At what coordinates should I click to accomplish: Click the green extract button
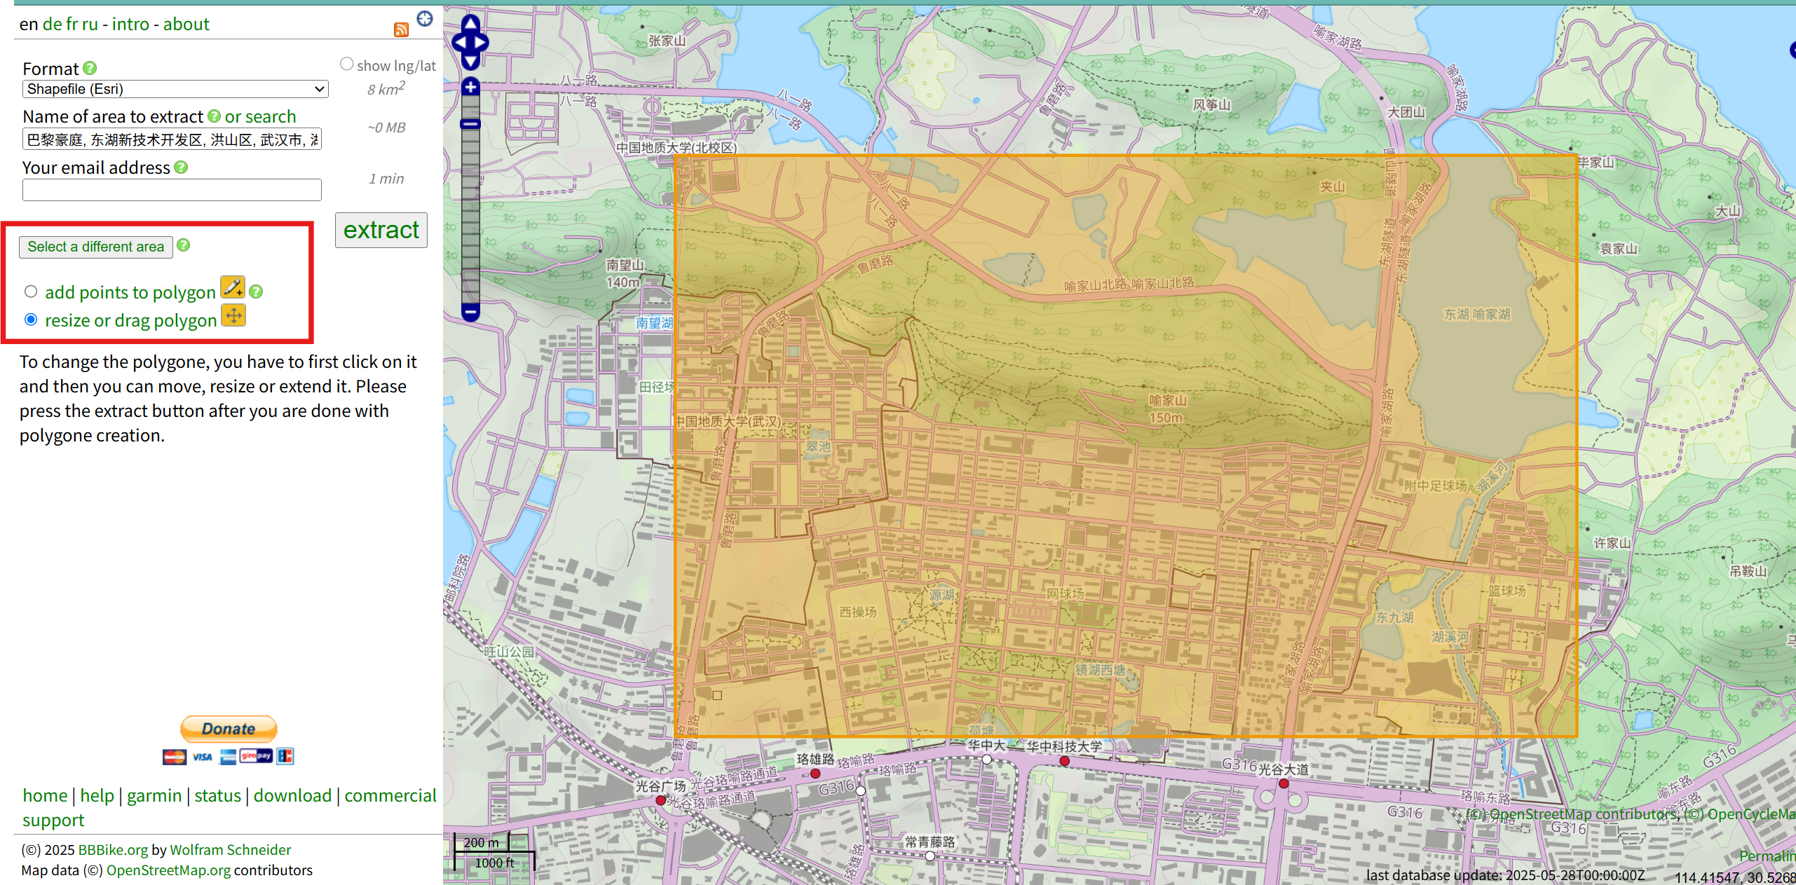coord(381,231)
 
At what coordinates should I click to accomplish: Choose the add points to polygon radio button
coord(31,291)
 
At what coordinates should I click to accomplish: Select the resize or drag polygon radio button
coord(31,320)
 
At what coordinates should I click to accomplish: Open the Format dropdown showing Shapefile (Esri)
coord(175,89)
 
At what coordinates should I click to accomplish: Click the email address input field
coord(172,189)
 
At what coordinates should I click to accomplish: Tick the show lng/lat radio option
coord(346,64)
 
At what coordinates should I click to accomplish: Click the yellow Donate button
coord(229,729)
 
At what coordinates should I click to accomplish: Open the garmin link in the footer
coord(154,795)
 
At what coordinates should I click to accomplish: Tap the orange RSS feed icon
coord(401,29)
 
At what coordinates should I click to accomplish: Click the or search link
coord(260,116)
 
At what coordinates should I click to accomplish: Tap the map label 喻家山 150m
coord(1167,409)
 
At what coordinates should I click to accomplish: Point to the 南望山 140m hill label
coord(625,273)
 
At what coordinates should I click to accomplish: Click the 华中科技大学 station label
coord(1064,747)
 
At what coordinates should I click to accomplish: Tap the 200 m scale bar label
coord(481,842)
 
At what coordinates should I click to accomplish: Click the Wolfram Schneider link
coord(230,849)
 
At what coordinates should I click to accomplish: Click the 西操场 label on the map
coord(858,612)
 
